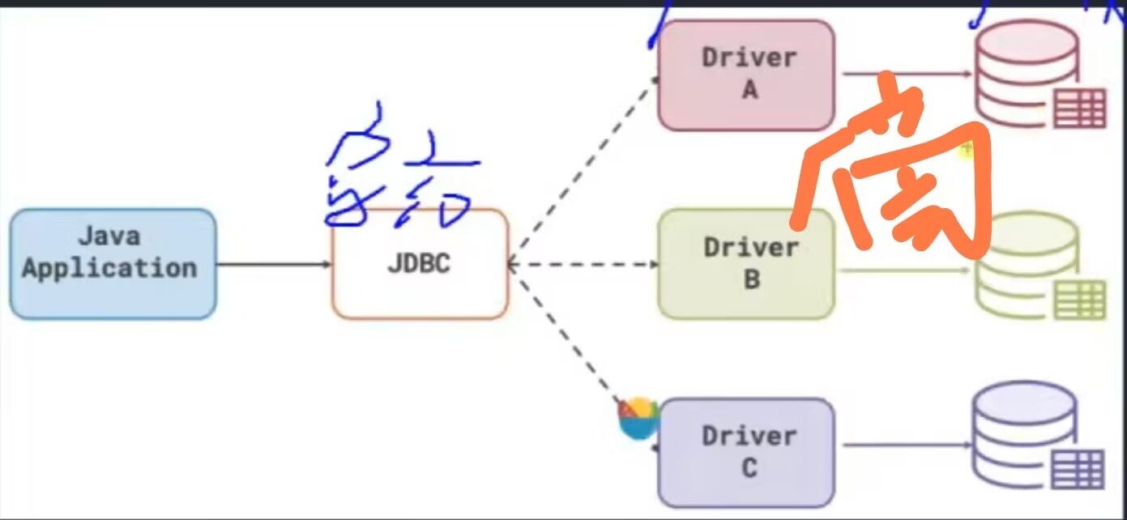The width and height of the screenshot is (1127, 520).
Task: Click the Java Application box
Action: tap(113, 264)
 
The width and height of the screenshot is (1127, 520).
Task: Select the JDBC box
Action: tap(420, 264)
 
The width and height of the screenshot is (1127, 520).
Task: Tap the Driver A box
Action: tap(745, 75)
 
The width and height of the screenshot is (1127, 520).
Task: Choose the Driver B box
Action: tap(745, 264)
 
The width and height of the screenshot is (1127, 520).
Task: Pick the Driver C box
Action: tap(745, 452)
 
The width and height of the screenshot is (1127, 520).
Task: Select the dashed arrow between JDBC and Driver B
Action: tap(583, 264)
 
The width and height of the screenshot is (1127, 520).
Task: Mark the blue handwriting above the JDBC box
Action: tap(397, 174)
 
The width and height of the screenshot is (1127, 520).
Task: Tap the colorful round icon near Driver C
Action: tap(639, 418)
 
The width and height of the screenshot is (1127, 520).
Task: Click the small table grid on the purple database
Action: tap(1078, 469)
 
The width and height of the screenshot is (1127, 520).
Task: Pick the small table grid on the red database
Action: tap(1079, 109)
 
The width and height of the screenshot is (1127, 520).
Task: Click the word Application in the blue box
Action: tap(109, 268)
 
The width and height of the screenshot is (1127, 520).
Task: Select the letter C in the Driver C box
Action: tap(749, 468)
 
